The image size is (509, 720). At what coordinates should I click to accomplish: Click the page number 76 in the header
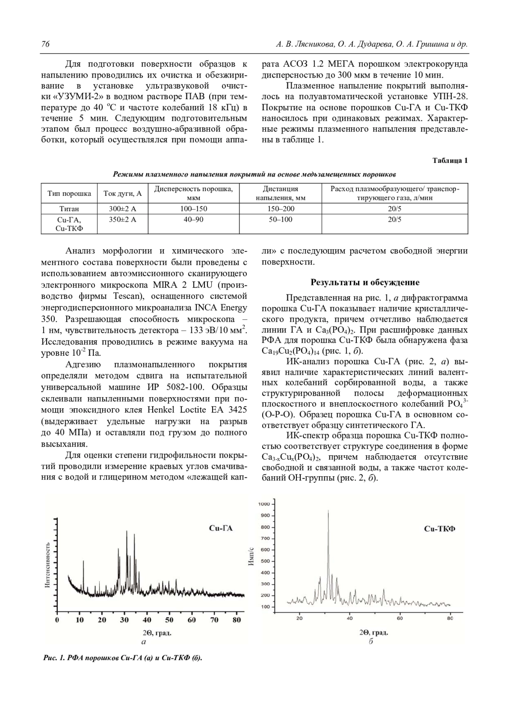[x=45, y=44]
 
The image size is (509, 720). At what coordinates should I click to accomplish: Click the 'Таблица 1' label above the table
[x=450, y=161]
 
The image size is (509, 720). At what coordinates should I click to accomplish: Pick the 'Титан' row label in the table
[x=69, y=209]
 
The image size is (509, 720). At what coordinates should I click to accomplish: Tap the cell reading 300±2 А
[x=123, y=209]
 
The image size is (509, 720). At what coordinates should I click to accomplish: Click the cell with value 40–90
[x=193, y=219]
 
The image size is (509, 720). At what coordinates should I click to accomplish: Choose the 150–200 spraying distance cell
[x=280, y=209]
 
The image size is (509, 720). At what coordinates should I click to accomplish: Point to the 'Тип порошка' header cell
[x=69, y=193]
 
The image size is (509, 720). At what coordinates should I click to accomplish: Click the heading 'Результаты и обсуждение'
[x=365, y=282]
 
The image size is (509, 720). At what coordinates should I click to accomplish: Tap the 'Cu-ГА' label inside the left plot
[x=221, y=528]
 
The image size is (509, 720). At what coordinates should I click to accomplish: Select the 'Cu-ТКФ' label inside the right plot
[x=440, y=529]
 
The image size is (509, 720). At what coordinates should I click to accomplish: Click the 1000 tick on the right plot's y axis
[x=264, y=504]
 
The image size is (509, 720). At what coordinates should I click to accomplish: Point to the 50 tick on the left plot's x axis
[x=169, y=620]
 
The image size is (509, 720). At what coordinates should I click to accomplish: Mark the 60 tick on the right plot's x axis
[x=400, y=618]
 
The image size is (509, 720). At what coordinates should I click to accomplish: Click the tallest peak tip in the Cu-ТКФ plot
[x=328, y=511]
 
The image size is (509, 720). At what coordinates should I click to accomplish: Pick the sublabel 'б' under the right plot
[x=370, y=641]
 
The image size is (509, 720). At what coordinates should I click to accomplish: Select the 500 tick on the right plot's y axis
[x=265, y=561]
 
